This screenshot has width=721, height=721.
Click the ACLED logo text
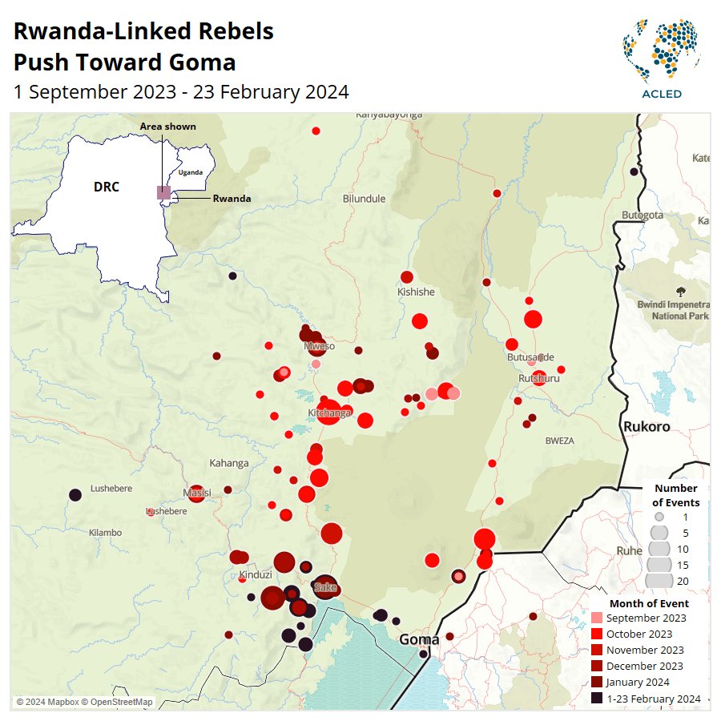pos(662,94)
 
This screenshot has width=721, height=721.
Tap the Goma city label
pos(419,639)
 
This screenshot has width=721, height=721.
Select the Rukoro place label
pos(646,427)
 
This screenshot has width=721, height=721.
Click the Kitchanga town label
pos(329,413)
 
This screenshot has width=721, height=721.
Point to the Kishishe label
pos(416,292)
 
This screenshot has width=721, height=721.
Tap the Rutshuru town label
pos(538,377)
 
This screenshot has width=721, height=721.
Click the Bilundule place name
pos(364,199)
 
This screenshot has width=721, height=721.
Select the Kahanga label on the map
pos(228,463)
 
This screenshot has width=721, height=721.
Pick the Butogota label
pos(642,215)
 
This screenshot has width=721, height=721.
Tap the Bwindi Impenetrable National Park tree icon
pos(681,292)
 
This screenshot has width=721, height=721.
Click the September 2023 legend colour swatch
pos(596,618)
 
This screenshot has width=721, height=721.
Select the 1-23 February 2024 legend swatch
pos(596,699)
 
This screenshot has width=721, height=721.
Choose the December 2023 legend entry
pos(644,667)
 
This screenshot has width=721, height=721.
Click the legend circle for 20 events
pos(659,581)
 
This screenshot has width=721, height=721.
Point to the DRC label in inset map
pos(106,187)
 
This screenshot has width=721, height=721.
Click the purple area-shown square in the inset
pos(163,192)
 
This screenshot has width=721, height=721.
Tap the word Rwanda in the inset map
pos(232,199)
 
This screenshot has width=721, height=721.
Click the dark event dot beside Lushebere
pos(75,495)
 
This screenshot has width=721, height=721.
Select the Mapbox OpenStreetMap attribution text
pos(84,703)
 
